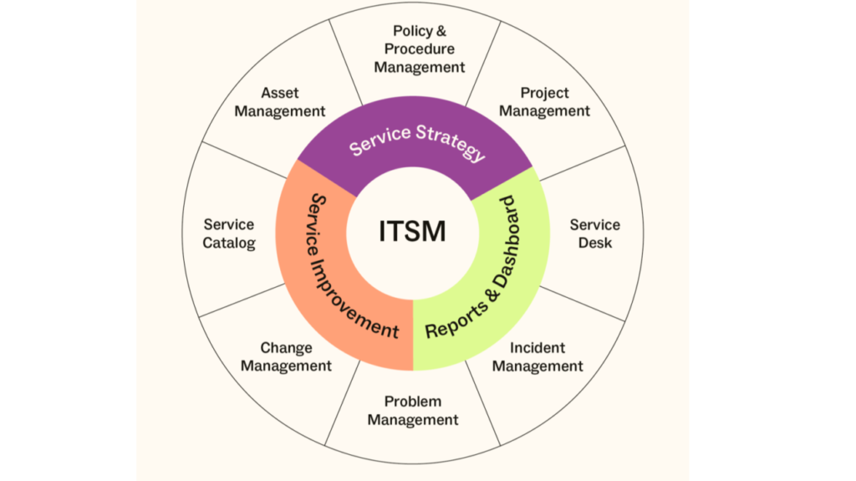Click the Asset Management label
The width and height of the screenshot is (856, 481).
click(279, 102)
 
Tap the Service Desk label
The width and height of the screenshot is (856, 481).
click(594, 233)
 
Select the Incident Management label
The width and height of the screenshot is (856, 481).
click(538, 357)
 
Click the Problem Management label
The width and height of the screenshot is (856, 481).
click(413, 411)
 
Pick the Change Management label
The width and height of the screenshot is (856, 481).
click(286, 357)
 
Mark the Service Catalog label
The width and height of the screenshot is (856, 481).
click(229, 233)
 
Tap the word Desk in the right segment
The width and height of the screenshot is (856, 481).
click(594, 243)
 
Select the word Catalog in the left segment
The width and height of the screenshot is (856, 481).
click(229, 243)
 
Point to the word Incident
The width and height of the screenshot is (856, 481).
click(538, 348)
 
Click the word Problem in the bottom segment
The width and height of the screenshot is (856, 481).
click(413, 402)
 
